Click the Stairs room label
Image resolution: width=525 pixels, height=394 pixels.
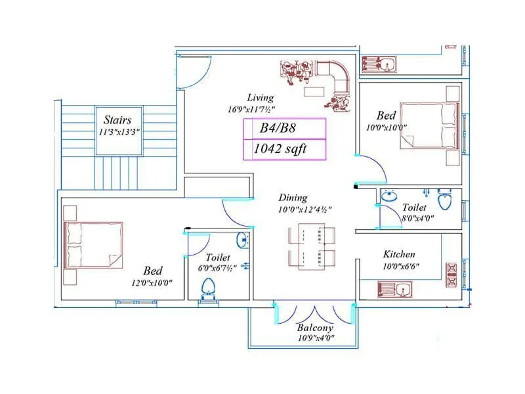pyautogui.click(x=117, y=120)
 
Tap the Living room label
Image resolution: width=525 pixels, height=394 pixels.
pyautogui.click(x=261, y=97)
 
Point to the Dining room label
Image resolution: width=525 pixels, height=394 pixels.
pyautogui.click(x=292, y=197)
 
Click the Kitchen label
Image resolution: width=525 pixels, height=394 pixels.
pyautogui.click(x=399, y=255)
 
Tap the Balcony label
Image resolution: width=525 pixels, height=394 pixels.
pyautogui.click(x=315, y=328)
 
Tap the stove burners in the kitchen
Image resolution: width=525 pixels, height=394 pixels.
pyautogui.click(x=452, y=276)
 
